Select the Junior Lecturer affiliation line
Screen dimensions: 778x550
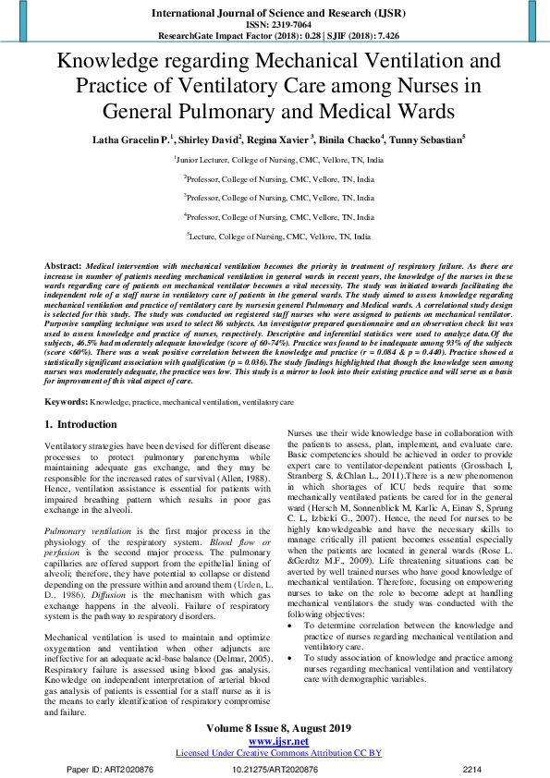tap(275, 160)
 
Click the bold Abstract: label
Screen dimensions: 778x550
tap(63, 265)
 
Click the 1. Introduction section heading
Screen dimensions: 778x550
tap(81, 424)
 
